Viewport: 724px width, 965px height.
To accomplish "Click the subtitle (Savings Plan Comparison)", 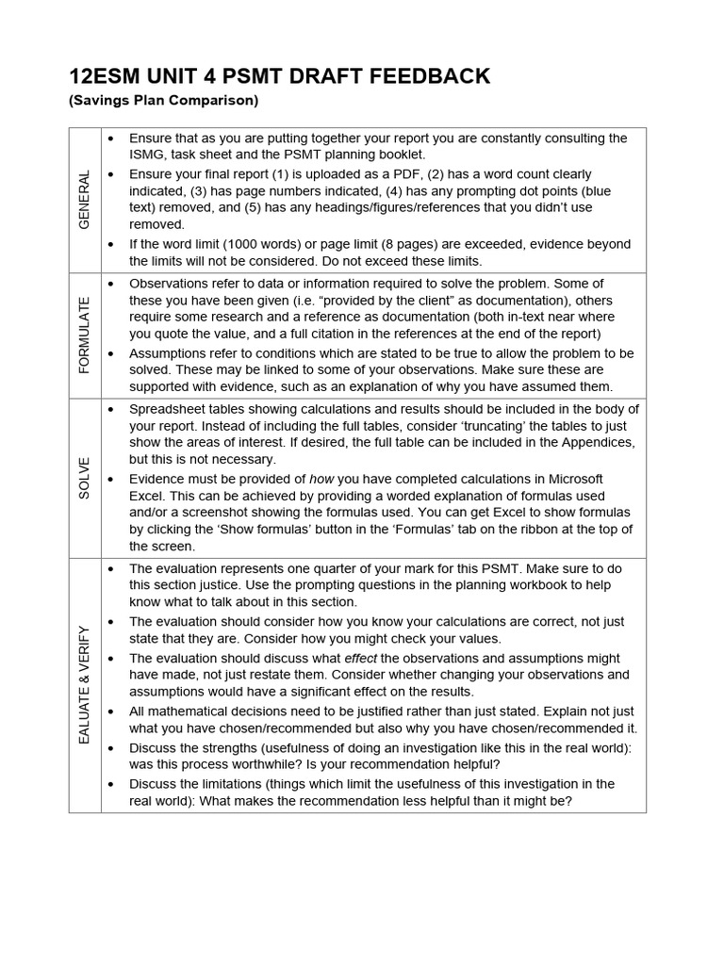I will [x=163, y=100].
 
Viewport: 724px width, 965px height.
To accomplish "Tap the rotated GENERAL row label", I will [x=85, y=200].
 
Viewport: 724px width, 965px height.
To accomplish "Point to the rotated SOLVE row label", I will [x=85, y=477].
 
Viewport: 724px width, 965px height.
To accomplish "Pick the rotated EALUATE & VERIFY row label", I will [x=85, y=684].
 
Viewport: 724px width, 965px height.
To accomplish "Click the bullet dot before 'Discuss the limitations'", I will [x=112, y=784].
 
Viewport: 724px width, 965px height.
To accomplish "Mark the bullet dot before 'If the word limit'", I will [x=112, y=244].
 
